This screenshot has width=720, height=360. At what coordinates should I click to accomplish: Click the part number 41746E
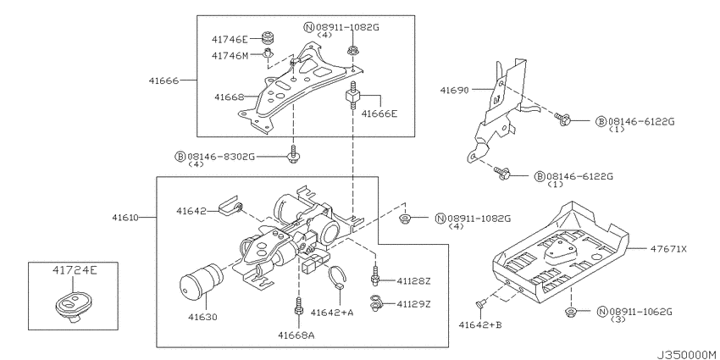[x=230, y=39]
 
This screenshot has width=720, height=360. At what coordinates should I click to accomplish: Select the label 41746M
[x=230, y=56]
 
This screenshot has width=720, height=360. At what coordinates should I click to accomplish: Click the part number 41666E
[x=379, y=114]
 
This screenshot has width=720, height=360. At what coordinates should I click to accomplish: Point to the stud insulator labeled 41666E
[x=352, y=97]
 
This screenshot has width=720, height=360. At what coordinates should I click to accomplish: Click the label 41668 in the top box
[x=230, y=97]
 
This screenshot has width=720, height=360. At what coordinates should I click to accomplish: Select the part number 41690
[x=455, y=90]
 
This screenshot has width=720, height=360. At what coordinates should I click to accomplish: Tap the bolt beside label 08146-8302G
[x=293, y=155]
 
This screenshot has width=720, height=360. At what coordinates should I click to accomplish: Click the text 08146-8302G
[x=220, y=157]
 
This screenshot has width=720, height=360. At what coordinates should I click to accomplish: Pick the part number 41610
[x=125, y=217]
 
